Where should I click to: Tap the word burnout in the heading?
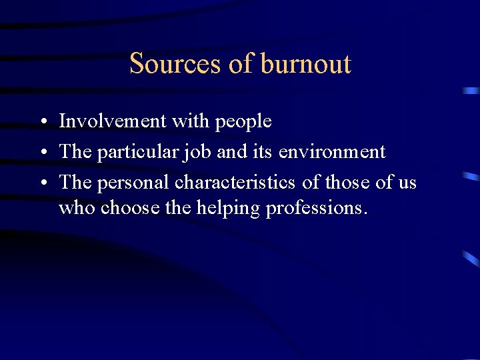[x=305, y=64]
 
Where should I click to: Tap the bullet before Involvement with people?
[x=42, y=122]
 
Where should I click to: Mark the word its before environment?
[x=262, y=152]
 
